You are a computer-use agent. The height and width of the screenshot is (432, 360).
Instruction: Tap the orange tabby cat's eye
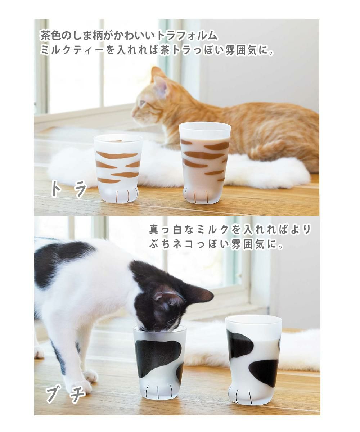point(143,103)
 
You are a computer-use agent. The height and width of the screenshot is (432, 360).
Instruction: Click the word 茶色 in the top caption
point(49,36)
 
